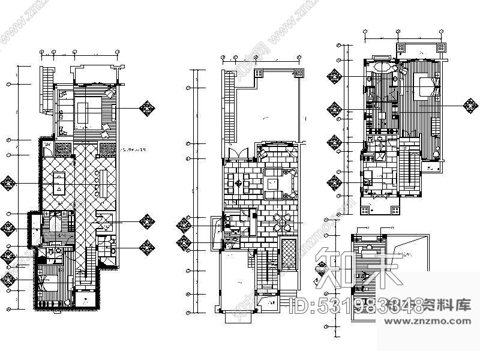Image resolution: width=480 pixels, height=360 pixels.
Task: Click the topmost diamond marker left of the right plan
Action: pyautogui.click(x=334, y=77)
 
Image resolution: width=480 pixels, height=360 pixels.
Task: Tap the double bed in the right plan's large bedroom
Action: pyautogui.click(x=428, y=87)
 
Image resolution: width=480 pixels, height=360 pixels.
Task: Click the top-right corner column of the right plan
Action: pyautogui.click(x=441, y=46)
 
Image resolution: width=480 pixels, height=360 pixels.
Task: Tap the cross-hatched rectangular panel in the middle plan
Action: pyautogui.click(x=289, y=253)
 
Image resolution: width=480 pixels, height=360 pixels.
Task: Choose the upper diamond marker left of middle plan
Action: pyautogui.click(x=184, y=226)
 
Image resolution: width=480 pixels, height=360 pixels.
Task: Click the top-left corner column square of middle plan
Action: pyautogui.click(x=259, y=73)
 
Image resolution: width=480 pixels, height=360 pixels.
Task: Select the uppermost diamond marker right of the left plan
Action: pyautogui.click(x=146, y=108)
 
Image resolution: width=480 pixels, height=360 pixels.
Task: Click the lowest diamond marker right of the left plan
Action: pyautogui.click(x=146, y=246)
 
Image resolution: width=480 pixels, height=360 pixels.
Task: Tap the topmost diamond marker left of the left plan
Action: pyautogui.click(x=8, y=182)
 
